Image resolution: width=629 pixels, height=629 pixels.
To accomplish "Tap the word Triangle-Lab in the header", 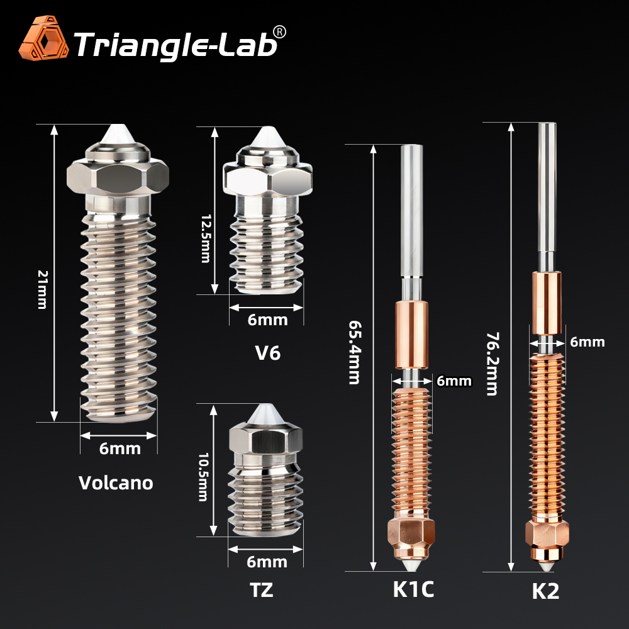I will [176, 43].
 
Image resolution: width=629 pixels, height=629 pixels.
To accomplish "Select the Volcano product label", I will [116, 483].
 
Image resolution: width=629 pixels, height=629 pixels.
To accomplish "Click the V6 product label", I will [267, 353].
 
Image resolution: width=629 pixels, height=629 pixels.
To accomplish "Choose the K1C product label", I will [413, 589].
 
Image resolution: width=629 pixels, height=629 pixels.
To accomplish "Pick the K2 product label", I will [546, 592].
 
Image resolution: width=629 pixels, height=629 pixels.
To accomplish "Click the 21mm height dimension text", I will [42, 289].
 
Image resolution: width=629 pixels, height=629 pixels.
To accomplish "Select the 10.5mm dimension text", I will [203, 476].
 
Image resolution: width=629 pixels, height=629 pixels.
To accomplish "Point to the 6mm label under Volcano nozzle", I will [120, 449].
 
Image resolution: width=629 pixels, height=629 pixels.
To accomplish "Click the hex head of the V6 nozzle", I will [267, 177].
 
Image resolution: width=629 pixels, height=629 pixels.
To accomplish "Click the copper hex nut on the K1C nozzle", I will [412, 532].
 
